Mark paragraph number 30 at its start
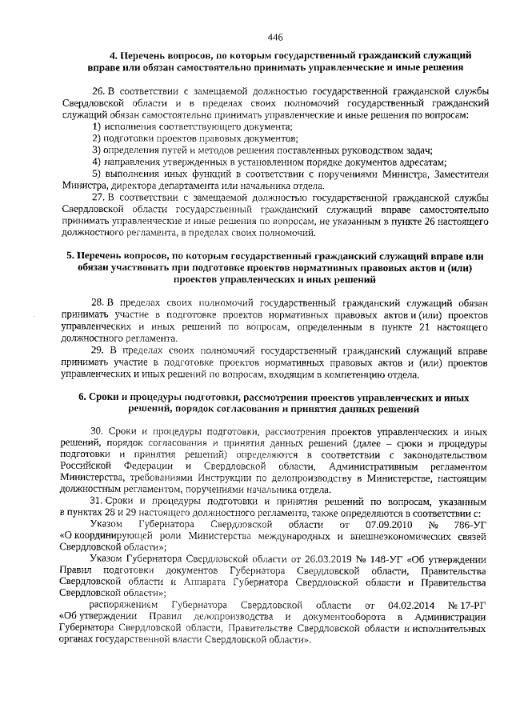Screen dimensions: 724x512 (x=98, y=431)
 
